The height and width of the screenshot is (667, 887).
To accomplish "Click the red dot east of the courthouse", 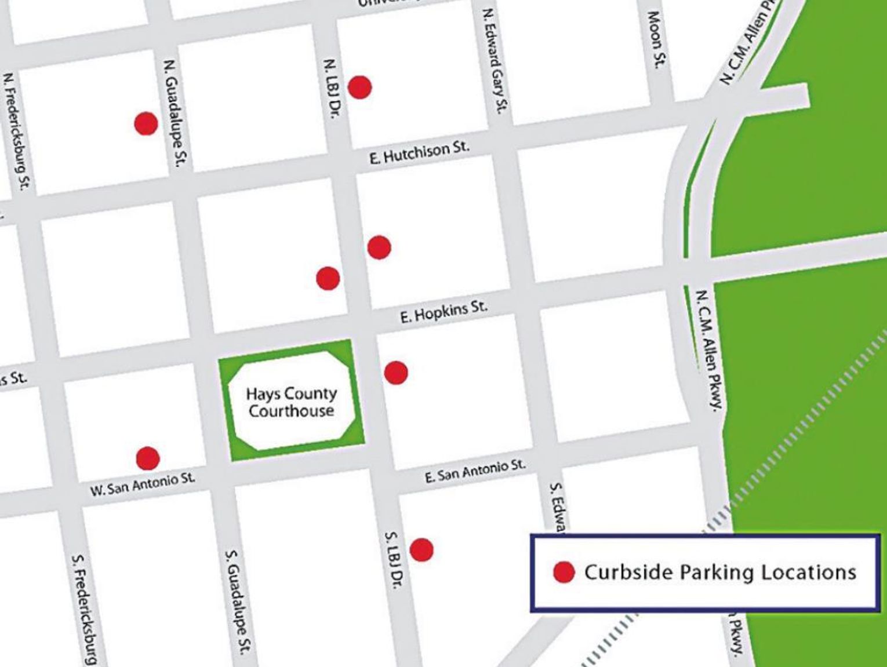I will click(396, 373).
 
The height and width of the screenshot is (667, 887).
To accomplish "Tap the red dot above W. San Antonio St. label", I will click(147, 458).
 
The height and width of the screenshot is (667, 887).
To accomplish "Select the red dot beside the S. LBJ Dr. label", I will click(421, 549).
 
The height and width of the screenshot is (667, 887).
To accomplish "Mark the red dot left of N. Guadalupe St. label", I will click(146, 123).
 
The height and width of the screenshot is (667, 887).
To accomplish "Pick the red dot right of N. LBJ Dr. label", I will click(359, 88).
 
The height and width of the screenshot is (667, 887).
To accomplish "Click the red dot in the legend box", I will click(564, 572).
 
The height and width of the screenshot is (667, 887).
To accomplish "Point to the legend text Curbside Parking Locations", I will click(720, 572).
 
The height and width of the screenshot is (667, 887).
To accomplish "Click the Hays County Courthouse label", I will click(291, 402).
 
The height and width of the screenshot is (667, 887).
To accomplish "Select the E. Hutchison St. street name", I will click(419, 152).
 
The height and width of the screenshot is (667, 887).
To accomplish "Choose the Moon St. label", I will click(655, 39).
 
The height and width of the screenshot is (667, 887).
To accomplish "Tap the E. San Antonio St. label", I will click(475, 471).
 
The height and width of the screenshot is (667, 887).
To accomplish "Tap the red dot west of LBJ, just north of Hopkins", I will click(328, 279).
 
